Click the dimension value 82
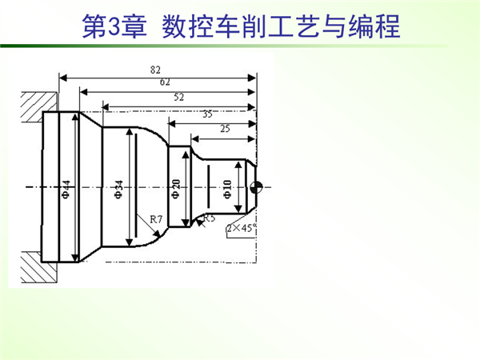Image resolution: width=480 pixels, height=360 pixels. pyautogui.click(x=154, y=70)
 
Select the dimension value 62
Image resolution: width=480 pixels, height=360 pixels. pyautogui.click(x=164, y=82)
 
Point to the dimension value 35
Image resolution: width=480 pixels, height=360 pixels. pyautogui.click(x=207, y=114)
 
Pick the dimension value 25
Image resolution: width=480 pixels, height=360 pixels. pyautogui.click(x=224, y=128)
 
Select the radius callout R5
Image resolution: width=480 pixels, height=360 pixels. pyautogui.click(x=209, y=218)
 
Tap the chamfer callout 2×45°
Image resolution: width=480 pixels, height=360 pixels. pyautogui.click(x=240, y=228)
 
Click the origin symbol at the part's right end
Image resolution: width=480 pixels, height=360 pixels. pyautogui.click(x=256, y=188)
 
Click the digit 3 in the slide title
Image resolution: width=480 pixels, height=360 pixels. pyautogui.click(x=113, y=26)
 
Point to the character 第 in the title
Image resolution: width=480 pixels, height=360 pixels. pyautogui.click(x=93, y=26)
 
